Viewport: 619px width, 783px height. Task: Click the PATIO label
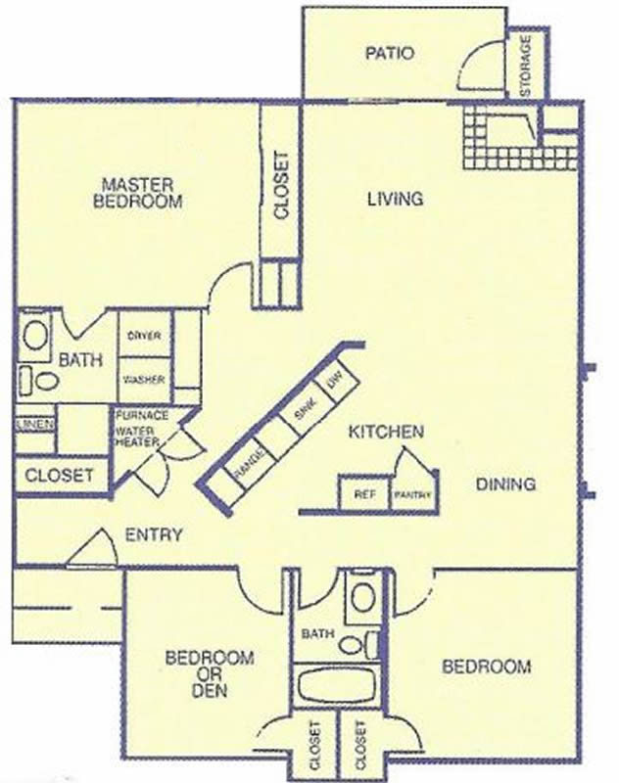pyautogui.click(x=390, y=53)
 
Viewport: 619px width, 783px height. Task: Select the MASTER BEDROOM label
pyautogui.click(x=138, y=193)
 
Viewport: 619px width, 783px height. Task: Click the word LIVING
pyautogui.click(x=395, y=199)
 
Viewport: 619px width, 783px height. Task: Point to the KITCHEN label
pyautogui.click(x=386, y=432)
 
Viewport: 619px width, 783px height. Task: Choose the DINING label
pyautogui.click(x=505, y=484)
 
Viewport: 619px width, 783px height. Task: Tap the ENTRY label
pyautogui.click(x=154, y=534)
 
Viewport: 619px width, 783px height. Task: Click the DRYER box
pyautogui.click(x=145, y=335)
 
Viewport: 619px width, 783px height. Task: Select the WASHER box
pyautogui.click(x=145, y=380)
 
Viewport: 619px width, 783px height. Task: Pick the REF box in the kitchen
pyautogui.click(x=364, y=494)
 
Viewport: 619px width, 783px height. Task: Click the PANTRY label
pyautogui.click(x=412, y=495)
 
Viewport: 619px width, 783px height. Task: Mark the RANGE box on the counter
pyautogui.click(x=248, y=463)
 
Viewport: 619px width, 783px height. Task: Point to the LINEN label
pyautogui.click(x=35, y=425)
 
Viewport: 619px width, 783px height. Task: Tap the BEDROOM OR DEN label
pyautogui.click(x=210, y=673)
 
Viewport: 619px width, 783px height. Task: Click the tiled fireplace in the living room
pyautogui.click(x=519, y=137)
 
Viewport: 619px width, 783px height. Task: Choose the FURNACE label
pyautogui.click(x=142, y=415)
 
